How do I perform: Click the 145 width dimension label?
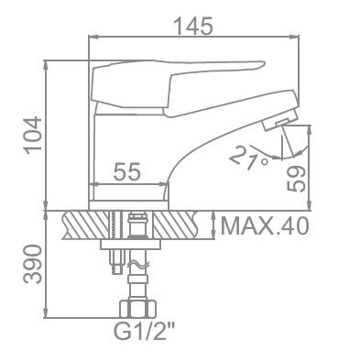[192, 26]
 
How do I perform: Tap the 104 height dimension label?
[33, 135]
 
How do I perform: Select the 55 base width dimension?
[126, 171]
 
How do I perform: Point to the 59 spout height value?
[296, 179]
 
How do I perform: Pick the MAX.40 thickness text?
[265, 226]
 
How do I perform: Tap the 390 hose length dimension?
[33, 264]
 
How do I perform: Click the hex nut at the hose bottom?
[137, 309]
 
